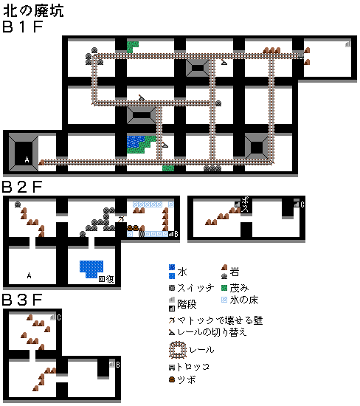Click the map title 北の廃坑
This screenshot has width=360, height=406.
pos(33,11)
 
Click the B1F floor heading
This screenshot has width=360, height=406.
pos(23,27)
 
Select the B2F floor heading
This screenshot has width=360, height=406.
pos(22,187)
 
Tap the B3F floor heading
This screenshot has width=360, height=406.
pos(22,300)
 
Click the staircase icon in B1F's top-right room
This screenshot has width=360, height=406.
pos(348,44)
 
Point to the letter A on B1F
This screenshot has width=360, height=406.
pos(27,159)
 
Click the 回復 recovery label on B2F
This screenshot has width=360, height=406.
pos(106,279)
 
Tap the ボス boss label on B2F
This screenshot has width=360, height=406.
pos(245,204)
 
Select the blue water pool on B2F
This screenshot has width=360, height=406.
pos(91,269)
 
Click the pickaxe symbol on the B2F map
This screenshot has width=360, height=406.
pos(121,219)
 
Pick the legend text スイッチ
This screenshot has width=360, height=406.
pos(195,288)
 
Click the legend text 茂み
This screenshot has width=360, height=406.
pos(239,288)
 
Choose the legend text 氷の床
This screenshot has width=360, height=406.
pos(244,300)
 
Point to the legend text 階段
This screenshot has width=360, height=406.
pos(187,304)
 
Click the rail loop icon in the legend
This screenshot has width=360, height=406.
pos(178,350)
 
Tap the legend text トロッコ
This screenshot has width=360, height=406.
pos(193,367)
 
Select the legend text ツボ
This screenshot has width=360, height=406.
pos(187,380)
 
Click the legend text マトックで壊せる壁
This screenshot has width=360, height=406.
pos(220,320)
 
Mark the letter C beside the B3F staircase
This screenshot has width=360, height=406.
pos(59,317)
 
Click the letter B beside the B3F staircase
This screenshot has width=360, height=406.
pos(118,365)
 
